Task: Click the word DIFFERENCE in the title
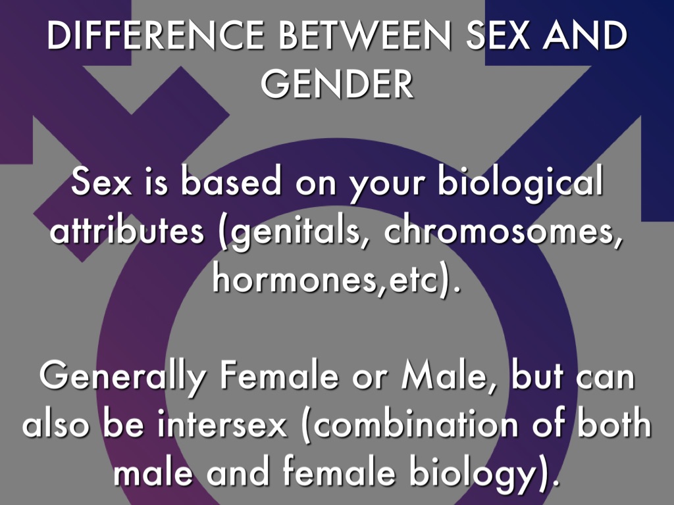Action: (155, 35)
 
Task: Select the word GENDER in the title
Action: (337, 83)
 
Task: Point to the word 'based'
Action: (230, 181)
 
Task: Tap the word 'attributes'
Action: (126, 230)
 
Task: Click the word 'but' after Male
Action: (536, 375)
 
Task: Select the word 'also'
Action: (56, 424)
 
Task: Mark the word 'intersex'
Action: (222, 424)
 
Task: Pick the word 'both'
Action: (613, 424)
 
